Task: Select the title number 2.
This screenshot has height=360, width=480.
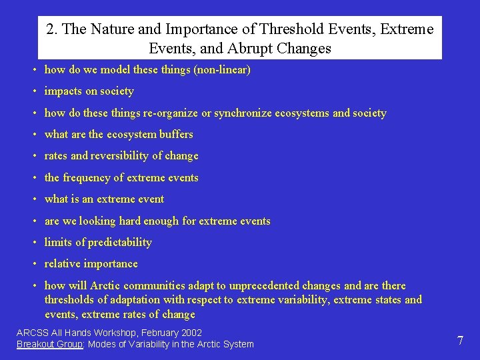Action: (51, 29)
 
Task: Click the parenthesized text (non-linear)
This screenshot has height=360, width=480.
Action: (221, 69)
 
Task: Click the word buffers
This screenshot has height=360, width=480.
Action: (176, 134)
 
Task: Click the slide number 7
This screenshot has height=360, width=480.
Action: (460, 341)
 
